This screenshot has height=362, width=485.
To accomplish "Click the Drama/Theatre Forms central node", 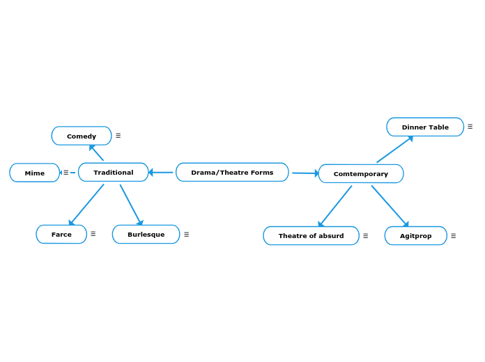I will tap(232, 172).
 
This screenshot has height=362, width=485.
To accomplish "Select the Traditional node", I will tap(113, 172).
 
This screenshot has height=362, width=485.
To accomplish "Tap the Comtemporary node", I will tap(360, 173).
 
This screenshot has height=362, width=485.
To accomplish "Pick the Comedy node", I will tap(82, 136).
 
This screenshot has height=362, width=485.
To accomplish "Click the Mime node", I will tap(34, 173).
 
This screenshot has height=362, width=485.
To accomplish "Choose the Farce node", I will tap(61, 234).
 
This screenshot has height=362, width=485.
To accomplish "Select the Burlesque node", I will tap(146, 234).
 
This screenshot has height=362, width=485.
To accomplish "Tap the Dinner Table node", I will tap(425, 127).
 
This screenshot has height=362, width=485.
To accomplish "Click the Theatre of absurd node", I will tap(311, 235).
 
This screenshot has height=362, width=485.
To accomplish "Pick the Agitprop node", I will tap(415, 235).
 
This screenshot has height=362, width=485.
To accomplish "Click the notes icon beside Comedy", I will tap(118, 136).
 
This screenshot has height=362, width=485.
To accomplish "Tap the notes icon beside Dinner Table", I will tap(470, 127).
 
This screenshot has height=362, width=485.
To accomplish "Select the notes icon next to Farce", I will tap(93, 234).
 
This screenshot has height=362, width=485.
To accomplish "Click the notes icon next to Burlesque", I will tap(187, 235).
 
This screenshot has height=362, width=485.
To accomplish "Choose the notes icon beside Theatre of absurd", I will tap(366, 236).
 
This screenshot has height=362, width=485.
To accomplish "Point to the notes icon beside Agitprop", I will tap(454, 236).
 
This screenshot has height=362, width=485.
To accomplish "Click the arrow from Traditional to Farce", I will tap(86, 205).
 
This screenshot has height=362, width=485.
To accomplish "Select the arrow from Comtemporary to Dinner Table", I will tap(394, 150).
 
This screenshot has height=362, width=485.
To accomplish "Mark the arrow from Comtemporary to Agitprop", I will tap(390, 205).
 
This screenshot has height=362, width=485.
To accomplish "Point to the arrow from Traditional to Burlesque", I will tap(131, 205).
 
